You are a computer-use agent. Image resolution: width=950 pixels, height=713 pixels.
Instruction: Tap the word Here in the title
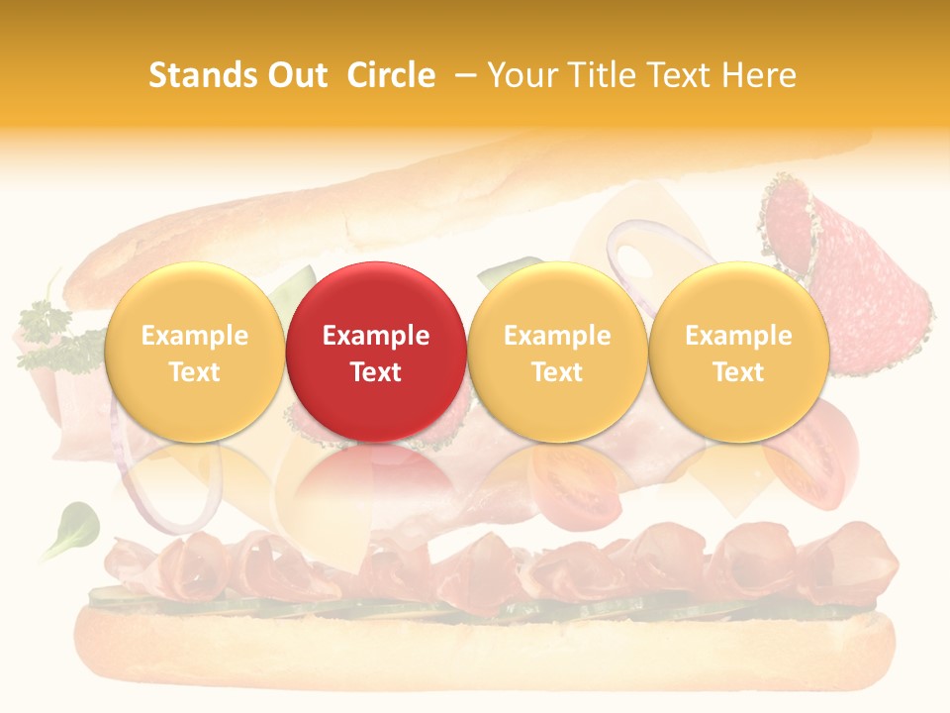pyautogui.click(x=759, y=75)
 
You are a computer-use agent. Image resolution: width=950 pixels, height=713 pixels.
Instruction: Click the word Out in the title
pyautogui.click(x=295, y=75)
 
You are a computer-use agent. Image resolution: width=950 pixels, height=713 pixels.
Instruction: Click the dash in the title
pyautogui.click(x=467, y=75)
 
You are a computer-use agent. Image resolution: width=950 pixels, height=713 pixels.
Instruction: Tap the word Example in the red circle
pyautogui.click(x=375, y=336)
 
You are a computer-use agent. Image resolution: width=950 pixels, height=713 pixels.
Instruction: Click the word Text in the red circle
pyautogui.click(x=375, y=372)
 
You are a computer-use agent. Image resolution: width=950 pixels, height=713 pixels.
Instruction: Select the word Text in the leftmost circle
pyautogui.click(x=194, y=372)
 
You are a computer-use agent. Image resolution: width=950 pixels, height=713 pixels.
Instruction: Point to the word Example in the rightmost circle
pyautogui.click(x=738, y=336)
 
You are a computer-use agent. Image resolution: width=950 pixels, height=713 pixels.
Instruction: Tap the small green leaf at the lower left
pyautogui.click(x=72, y=525)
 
